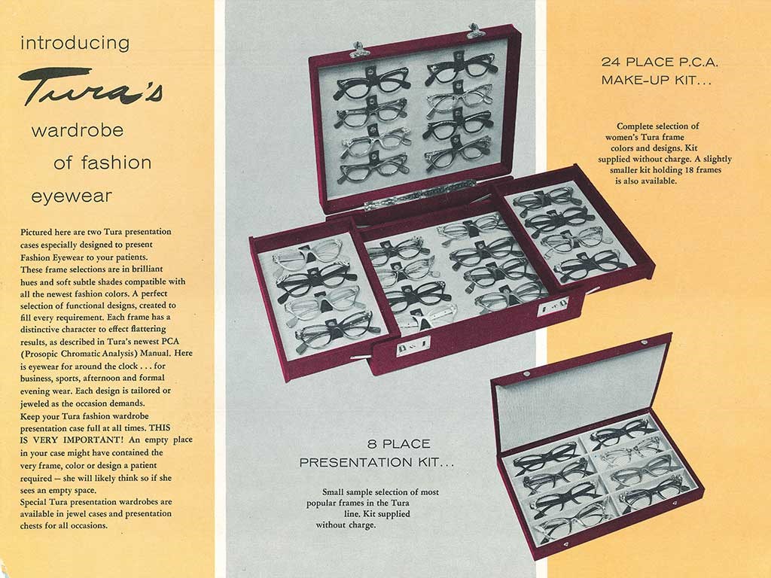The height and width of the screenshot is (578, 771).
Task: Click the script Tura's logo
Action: point(91,87)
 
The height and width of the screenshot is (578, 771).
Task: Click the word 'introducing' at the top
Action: point(75,43)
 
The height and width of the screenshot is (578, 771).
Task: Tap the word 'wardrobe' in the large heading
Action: point(78,131)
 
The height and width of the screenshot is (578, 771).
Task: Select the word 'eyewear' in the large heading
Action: point(72,196)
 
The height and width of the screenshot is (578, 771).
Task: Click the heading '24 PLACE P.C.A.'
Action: point(660,62)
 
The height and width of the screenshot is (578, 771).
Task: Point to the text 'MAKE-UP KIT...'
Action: point(657,80)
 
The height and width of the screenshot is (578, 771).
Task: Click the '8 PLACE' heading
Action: point(399,444)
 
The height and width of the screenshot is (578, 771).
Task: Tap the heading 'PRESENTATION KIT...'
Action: point(376,463)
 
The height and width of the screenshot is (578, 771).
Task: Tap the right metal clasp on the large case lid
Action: point(476,31)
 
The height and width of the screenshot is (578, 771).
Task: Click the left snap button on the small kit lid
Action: point(526,375)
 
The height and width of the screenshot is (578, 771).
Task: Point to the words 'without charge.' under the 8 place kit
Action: point(346,525)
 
